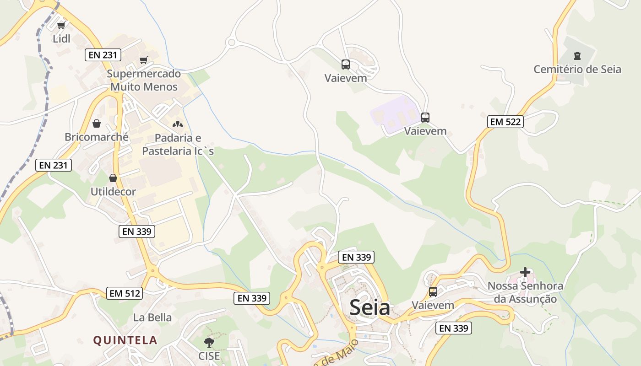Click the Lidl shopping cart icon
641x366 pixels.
click(61, 25)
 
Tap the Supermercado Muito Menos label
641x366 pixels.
click(144, 80)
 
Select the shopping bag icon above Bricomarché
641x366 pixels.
click(97, 124)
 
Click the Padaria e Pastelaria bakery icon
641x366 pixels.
click(177, 124)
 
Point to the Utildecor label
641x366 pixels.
click(113, 192)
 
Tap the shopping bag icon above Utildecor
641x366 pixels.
click(113, 178)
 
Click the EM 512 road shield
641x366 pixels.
click(125, 293)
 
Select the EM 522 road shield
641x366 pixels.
click(505, 122)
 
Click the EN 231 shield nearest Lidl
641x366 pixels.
click(103, 55)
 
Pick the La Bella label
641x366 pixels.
click(152, 318)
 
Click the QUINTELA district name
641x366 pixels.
click(125, 340)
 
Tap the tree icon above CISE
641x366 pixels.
click(209, 342)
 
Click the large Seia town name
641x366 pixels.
click(370, 308)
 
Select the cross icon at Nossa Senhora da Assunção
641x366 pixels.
click(525, 273)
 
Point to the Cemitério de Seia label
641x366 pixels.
click(577, 70)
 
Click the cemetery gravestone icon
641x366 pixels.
click(577, 56)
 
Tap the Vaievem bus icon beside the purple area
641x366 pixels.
click(425, 118)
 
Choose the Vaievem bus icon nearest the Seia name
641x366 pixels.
click(433, 291)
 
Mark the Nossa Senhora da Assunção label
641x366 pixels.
click(525, 292)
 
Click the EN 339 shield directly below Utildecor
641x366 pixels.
click(137, 231)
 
